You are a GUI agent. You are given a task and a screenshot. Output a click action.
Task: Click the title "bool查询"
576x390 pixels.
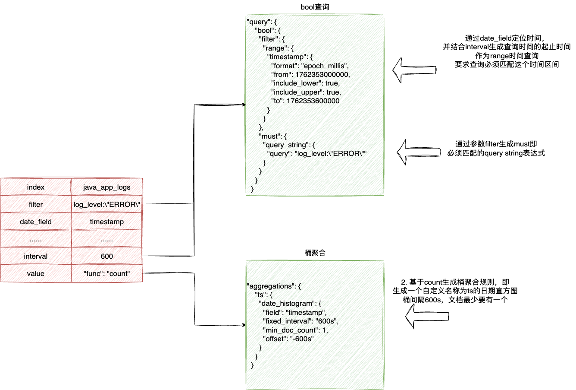[x=315, y=7]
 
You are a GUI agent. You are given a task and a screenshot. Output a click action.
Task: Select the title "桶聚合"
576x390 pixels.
[x=315, y=253]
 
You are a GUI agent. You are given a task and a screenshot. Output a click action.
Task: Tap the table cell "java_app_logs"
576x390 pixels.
[x=107, y=187]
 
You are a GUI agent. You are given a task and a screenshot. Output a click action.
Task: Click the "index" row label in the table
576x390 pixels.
[x=36, y=187]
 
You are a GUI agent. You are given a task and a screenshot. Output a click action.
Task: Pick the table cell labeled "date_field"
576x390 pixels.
[x=36, y=222]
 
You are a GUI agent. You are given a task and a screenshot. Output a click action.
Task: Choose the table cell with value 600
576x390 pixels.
[x=107, y=256]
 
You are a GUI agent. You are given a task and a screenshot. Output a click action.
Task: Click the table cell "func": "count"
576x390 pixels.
[x=107, y=273]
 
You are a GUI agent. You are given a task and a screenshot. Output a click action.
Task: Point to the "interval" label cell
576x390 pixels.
[x=36, y=256]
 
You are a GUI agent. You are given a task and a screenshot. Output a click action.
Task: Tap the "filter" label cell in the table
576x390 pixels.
[x=36, y=204]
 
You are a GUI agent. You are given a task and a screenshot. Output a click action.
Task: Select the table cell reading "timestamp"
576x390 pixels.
[x=107, y=222]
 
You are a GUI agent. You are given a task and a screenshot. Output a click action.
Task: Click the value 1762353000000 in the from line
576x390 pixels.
[x=322, y=74]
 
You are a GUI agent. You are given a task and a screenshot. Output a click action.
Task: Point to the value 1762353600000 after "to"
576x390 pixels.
[x=313, y=101]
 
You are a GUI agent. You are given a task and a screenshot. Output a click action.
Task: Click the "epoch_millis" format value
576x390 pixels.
[x=324, y=66]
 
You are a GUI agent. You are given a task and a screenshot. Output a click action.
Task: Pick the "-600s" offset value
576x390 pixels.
[x=301, y=339]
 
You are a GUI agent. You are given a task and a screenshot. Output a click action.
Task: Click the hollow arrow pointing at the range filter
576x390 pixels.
[x=414, y=70]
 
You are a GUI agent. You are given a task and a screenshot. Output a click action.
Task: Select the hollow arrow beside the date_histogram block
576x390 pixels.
[x=427, y=317]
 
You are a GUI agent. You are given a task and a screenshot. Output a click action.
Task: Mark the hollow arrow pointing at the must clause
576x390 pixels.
[x=418, y=152]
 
